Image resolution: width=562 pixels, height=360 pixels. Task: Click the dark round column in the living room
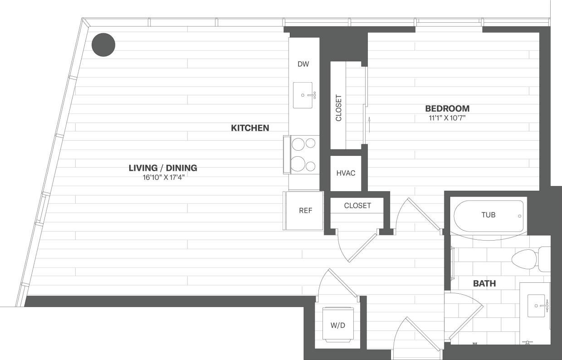pos(103,44)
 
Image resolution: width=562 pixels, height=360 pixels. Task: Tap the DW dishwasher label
pos(303,64)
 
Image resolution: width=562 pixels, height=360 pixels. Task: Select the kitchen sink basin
pos(303,95)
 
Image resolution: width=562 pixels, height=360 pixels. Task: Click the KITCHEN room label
pos(250,128)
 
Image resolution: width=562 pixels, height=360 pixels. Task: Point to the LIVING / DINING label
pos(163,168)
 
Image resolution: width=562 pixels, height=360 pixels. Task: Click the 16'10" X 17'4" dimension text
pos(163,178)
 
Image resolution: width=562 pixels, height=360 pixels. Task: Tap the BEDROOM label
pos(447,108)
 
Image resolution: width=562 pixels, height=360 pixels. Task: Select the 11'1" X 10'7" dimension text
pos(447,118)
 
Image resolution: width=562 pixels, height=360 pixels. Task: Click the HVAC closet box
pos(346,173)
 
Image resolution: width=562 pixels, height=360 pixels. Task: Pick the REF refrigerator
pos(305,211)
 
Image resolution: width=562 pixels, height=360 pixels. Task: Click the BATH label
pos(484,284)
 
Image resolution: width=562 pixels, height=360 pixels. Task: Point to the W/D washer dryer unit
pos(337,325)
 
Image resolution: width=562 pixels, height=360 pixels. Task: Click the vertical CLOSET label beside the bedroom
pos(338,108)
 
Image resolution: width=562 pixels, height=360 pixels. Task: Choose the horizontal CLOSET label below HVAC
pos(357,206)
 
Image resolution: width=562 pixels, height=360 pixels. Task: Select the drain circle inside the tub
pos(520,216)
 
